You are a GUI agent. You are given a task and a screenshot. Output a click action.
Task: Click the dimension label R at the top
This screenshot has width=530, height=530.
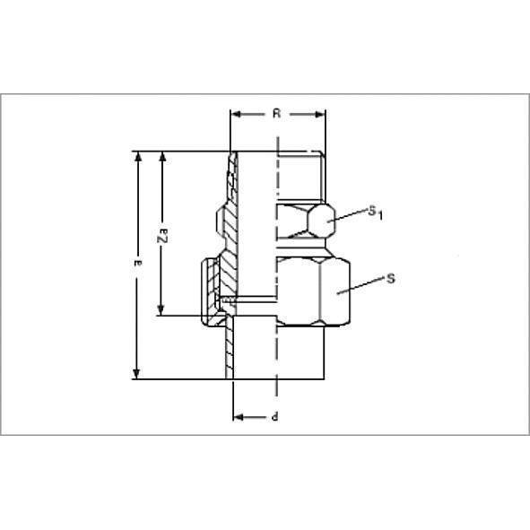[x=277, y=115]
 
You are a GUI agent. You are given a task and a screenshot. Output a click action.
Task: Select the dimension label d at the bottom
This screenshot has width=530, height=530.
[x=274, y=417]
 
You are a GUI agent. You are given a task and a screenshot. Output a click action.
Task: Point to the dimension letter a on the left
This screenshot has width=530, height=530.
[x=136, y=263]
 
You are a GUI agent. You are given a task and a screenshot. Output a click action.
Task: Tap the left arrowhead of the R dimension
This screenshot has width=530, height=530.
[x=236, y=115]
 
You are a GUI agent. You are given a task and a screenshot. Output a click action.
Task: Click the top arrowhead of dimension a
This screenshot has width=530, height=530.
[x=137, y=157]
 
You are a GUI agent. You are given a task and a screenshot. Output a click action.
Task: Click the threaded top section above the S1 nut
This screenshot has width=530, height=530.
[x=299, y=176]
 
